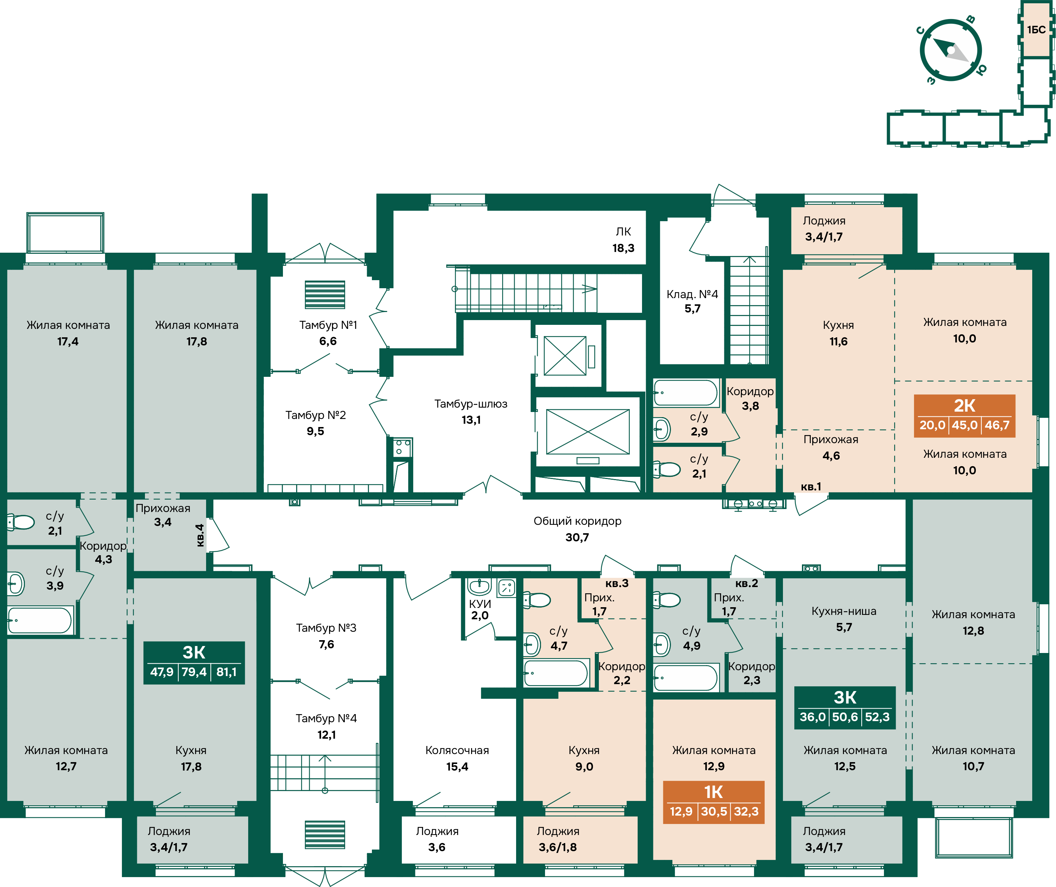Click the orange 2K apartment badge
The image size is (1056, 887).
point(964,416)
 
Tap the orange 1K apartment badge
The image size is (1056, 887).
point(713,802)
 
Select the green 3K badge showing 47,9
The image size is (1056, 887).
point(194,663)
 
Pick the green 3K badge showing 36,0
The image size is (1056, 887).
point(845,708)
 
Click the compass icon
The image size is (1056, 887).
point(950,50)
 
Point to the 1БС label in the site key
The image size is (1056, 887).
point(1036,30)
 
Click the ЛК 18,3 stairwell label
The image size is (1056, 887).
point(624,240)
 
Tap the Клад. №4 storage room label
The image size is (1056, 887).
point(693,301)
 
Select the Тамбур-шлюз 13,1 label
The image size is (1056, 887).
point(471,412)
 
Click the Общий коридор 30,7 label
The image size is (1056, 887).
point(577,529)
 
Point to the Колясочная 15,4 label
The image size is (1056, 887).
point(457,758)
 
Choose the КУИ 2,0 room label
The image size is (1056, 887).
point(480,609)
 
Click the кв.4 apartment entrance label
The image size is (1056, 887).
point(199,535)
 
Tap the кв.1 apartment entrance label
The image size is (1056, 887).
point(811,486)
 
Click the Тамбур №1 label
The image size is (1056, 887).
point(328,325)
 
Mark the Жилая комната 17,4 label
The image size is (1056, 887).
point(68,333)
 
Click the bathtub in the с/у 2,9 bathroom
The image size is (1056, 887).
point(686,393)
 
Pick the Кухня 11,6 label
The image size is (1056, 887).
point(838,333)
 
